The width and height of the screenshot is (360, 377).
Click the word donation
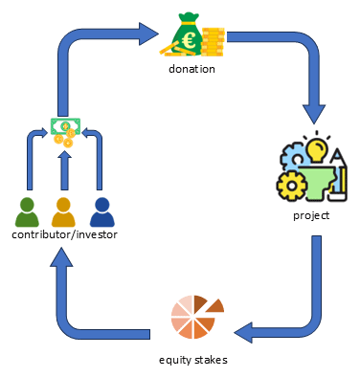191,69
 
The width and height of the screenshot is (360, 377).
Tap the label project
311,215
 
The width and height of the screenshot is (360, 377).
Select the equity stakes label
193,360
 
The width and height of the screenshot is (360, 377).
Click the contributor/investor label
64,234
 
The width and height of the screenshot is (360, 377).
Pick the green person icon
27,212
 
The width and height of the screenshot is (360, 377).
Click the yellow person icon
63,212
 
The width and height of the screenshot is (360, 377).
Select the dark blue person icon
102,212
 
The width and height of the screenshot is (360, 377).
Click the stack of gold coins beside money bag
214,42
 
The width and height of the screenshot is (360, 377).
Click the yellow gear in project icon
292,186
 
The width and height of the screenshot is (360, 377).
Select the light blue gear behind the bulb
293,156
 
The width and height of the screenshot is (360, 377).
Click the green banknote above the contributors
65,126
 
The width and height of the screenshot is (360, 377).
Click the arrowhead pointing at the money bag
148,33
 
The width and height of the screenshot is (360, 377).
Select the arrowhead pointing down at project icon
314,114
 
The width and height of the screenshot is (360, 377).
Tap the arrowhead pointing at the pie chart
243,333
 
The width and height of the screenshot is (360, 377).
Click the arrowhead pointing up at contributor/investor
61,256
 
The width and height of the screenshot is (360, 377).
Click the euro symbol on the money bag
186,42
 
